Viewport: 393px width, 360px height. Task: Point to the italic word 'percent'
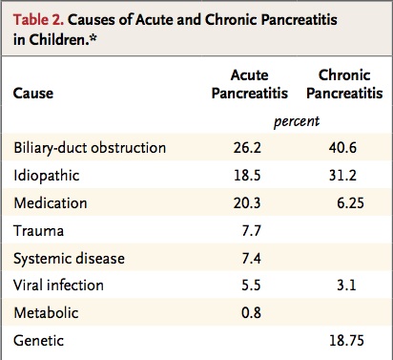tap(295, 122)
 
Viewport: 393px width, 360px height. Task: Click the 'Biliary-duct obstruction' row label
tap(91, 148)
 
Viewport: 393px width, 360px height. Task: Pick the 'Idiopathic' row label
tap(47, 177)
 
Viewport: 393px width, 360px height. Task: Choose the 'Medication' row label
tap(49, 202)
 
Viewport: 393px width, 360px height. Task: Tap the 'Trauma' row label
tap(37, 230)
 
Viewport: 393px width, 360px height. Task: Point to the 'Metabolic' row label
tap(46, 312)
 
